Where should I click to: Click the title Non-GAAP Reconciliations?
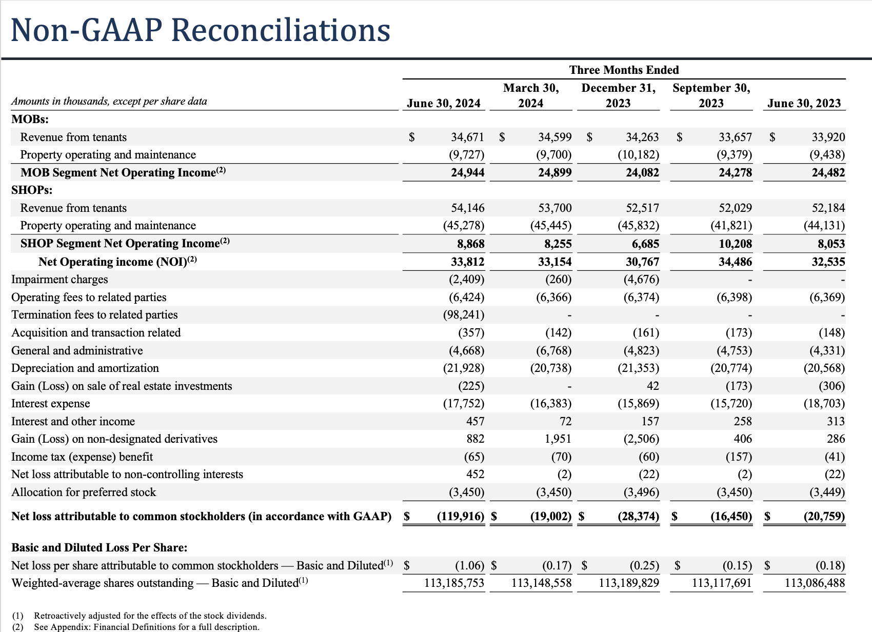tap(200, 30)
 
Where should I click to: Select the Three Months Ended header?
tap(624, 70)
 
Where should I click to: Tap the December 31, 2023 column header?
tap(618, 95)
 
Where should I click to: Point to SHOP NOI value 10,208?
tap(735, 244)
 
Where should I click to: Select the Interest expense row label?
tap(51, 404)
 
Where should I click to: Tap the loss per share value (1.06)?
tap(469, 565)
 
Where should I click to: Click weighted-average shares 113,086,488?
tap(815, 583)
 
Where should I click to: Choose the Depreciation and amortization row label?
tap(85, 368)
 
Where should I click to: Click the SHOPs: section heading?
tap(32, 190)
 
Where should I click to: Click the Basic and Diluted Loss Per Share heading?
tap(100, 547)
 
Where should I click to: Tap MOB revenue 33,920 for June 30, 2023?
tap(828, 137)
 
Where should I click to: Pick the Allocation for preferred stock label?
tap(84, 492)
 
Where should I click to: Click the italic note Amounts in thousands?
tap(109, 101)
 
